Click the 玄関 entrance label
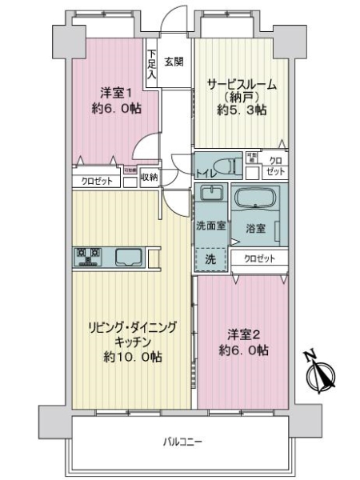(174, 60)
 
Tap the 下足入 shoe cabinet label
(151, 66)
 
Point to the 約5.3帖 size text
(238, 110)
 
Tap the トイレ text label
(205, 172)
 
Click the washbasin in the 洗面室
(211, 195)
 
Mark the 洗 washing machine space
(210, 259)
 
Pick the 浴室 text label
(256, 228)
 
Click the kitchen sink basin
(128, 257)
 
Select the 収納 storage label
(149, 177)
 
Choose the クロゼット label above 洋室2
(258, 258)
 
